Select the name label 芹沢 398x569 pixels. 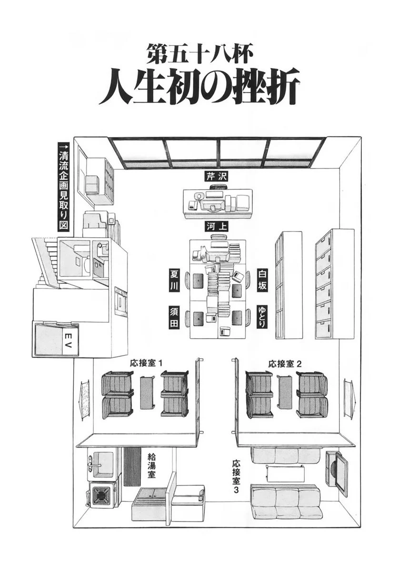[217, 176]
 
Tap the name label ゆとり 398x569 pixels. [262, 317]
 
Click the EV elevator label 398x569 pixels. [67, 339]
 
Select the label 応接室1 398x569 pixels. [147, 364]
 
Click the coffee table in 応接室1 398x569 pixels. [147, 393]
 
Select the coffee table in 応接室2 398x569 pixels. [285, 392]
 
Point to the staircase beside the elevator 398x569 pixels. [45, 260]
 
